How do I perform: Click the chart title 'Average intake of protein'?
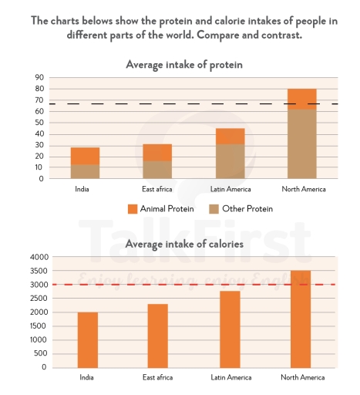coord(184,65)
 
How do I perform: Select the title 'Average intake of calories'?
coord(184,245)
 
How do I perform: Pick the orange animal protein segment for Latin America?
coord(230,136)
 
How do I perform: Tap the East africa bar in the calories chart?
coord(157,336)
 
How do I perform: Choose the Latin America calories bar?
coord(230,329)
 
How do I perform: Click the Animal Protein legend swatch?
coord(132,208)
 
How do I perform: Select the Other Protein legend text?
coord(247,208)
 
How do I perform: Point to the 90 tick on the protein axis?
coord(36,78)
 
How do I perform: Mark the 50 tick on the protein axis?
coord(36,123)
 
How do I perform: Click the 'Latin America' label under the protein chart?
coord(230,189)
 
